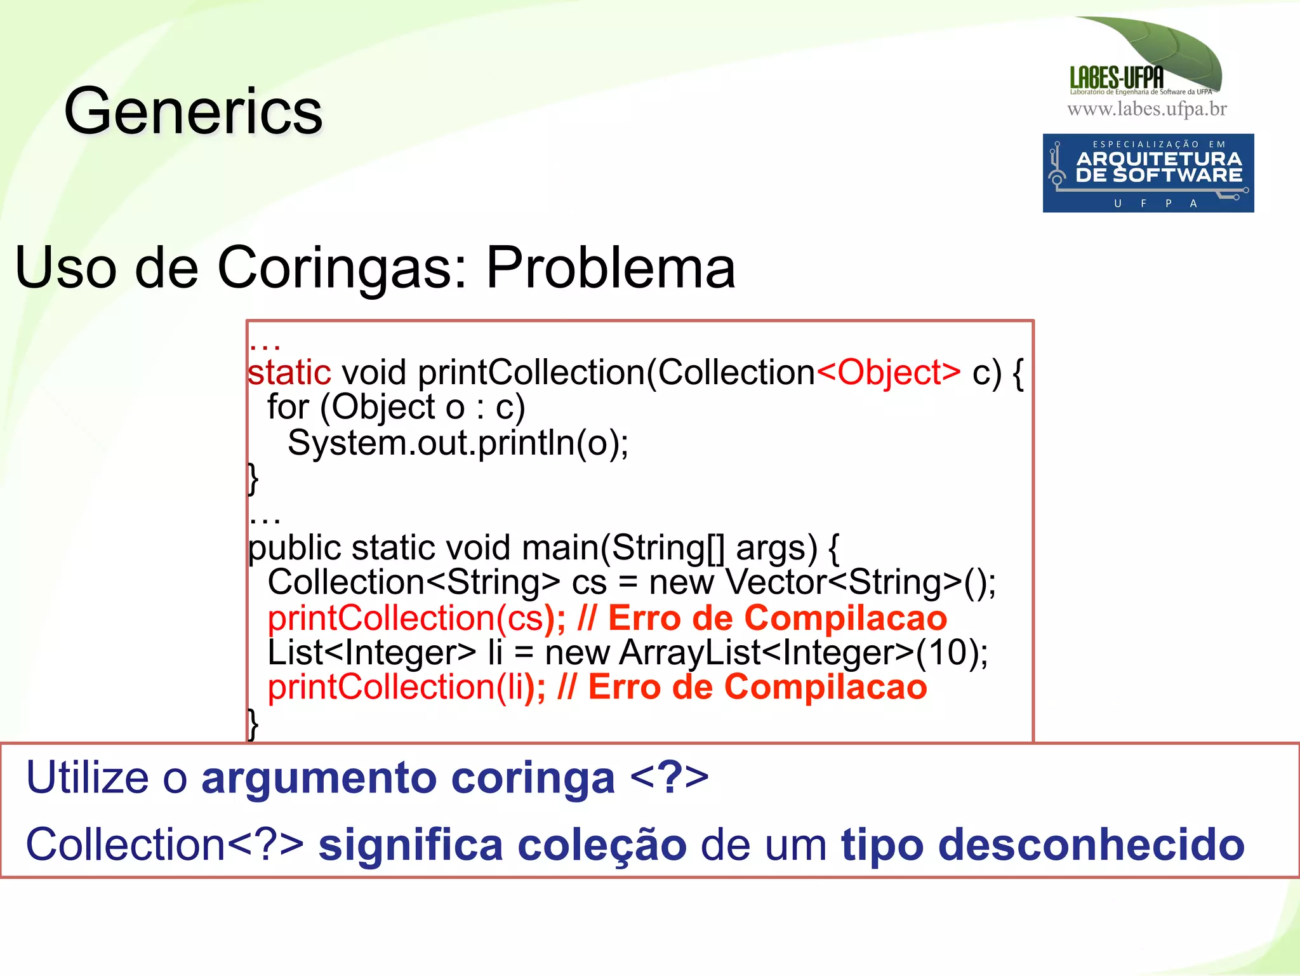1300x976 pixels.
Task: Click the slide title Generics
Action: tap(193, 112)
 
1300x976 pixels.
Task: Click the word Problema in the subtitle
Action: tap(610, 268)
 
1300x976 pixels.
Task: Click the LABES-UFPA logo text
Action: tap(1117, 78)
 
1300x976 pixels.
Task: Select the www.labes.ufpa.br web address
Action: tap(1146, 109)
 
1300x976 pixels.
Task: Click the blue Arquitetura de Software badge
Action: tap(1148, 173)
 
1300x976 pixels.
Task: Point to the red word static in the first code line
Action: tap(289, 372)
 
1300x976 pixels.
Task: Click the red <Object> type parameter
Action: tap(889, 372)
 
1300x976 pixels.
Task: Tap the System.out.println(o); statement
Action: tap(458, 443)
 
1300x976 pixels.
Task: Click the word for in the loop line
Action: tap(288, 407)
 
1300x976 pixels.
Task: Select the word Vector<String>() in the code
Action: tap(860, 582)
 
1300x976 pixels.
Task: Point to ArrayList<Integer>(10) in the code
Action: tap(802, 653)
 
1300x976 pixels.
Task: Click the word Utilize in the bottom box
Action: tap(87, 778)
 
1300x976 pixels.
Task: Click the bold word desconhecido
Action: tap(1042, 845)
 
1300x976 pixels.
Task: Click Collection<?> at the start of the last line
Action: tap(164, 845)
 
